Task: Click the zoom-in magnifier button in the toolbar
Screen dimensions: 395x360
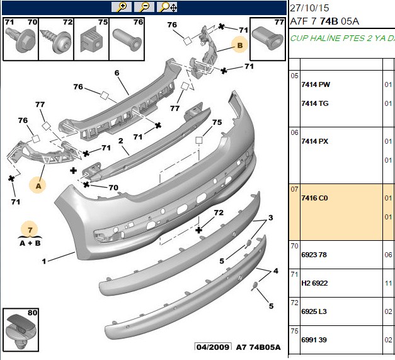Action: click(x=122, y=7)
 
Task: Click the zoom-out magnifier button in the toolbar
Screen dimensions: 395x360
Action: click(x=144, y=7)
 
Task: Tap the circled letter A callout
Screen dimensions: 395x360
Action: click(x=38, y=186)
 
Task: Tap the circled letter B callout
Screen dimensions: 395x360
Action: click(x=239, y=45)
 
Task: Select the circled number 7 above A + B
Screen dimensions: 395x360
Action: click(x=30, y=229)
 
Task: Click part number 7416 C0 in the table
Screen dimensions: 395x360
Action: click(x=314, y=198)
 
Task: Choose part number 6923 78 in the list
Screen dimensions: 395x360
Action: click(x=314, y=255)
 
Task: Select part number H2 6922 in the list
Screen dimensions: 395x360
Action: click(x=314, y=283)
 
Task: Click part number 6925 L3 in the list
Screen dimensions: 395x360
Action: click(x=314, y=311)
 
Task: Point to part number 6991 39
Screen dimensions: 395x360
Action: click(x=314, y=340)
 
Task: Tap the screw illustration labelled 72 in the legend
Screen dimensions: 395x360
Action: click(x=55, y=41)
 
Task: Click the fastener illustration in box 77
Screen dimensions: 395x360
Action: click(x=268, y=39)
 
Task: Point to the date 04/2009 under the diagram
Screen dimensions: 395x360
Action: click(x=213, y=347)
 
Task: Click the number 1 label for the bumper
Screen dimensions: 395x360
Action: click(x=44, y=261)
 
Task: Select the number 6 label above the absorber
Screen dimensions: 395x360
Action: click(x=117, y=73)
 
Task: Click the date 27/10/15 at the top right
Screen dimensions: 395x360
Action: click(x=309, y=8)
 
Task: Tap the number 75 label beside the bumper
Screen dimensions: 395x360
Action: click(x=217, y=122)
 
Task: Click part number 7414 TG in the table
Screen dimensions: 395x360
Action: click(x=315, y=103)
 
